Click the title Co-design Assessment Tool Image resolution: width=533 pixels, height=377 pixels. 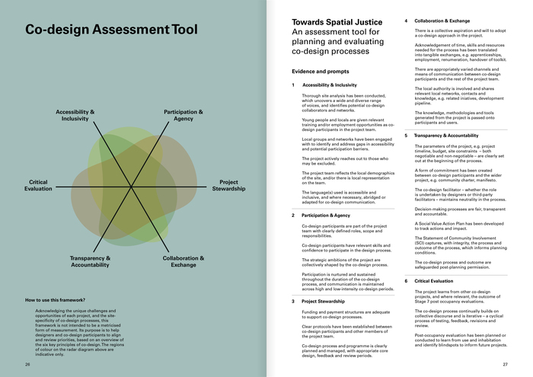pos(111,31)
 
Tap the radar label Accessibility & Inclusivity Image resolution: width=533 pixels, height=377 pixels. pos(75,115)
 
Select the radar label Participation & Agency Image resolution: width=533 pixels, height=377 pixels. pos(184,115)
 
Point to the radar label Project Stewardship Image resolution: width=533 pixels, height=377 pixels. pos(228,184)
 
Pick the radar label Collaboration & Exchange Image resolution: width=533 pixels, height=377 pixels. pos(184,261)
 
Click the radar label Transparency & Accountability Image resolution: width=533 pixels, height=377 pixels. pos(91,261)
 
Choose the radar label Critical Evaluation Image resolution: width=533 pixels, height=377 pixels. pos(38,184)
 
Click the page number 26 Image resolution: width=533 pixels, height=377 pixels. pos(28,365)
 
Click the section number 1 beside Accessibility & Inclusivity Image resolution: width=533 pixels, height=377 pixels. pos(294,85)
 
